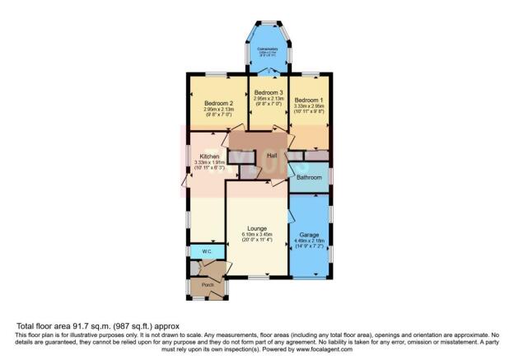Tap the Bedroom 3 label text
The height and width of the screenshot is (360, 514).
(x=269, y=91)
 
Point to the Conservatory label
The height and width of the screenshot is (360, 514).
(x=269, y=49)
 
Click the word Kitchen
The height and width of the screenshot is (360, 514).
(x=208, y=156)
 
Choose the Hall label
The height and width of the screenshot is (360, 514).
(x=271, y=156)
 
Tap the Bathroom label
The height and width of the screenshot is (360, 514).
(x=309, y=177)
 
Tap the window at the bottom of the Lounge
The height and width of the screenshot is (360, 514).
(x=256, y=275)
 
